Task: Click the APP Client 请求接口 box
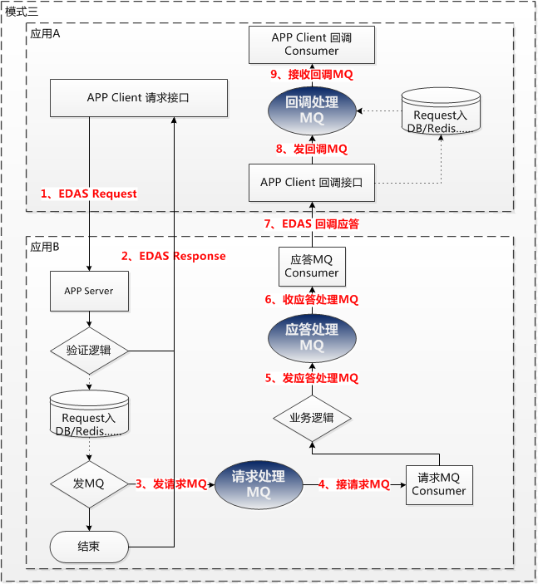click(139, 98)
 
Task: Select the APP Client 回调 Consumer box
click(312, 45)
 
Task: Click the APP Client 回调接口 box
click(312, 182)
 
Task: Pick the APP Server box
click(89, 292)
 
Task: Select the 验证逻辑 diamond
click(89, 351)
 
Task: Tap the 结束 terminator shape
click(89, 547)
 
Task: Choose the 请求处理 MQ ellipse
click(258, 484)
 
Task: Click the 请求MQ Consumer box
click(438, 484)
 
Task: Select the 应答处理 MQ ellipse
click(312, 337)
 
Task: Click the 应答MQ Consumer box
click(312, 267)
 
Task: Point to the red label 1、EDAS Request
click(89, 194)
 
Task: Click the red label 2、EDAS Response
click(173, 256)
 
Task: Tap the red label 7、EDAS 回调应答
click(311, 223)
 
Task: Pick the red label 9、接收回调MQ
click(312, 74)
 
